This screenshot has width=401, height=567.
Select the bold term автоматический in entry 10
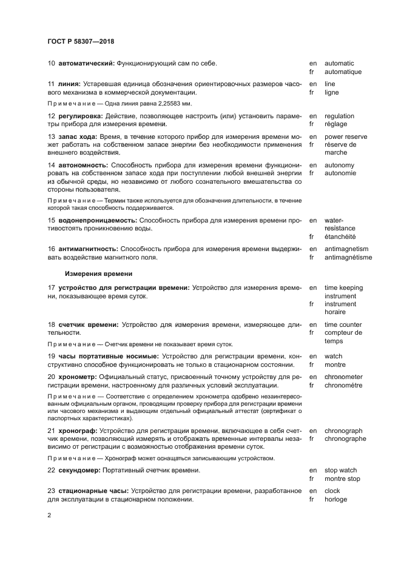coord(87,63)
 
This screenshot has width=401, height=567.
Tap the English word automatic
coord(339,63)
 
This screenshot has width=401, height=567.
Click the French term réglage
coord(335,124)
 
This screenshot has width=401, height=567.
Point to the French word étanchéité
coord(340,237)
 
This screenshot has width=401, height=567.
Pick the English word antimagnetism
coord(346,249)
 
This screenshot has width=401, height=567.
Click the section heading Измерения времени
coord(99,273)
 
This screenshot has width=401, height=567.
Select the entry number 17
coord(52,287)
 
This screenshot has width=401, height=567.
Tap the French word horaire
coord(335,312)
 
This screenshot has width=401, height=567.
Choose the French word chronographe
coord(345,438)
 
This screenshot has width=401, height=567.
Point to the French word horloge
coord(335,499)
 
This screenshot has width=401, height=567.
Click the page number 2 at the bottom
coord(49,516)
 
